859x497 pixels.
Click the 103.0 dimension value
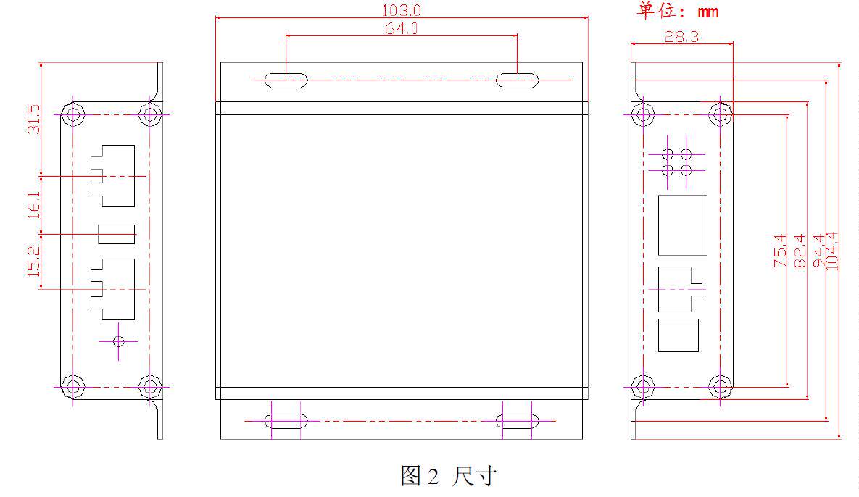click(401, 10)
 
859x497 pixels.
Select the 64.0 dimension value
click(400, 28)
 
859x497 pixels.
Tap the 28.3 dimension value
click(681, 36)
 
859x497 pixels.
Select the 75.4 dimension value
click(781, 251)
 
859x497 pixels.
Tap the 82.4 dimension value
click(800, 251)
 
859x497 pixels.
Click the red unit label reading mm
click(707, 12)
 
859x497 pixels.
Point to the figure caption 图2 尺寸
click(449, 476)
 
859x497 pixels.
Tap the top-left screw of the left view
click(72, 114)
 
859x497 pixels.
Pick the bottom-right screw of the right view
click(719, 385)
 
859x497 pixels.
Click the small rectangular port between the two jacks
click(117, 234)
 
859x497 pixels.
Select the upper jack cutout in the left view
click(113, 170)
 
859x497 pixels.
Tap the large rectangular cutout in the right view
click(682, 225)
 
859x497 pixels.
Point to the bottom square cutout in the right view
click(679, 335)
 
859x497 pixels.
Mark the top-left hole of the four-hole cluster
click(668, 154)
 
